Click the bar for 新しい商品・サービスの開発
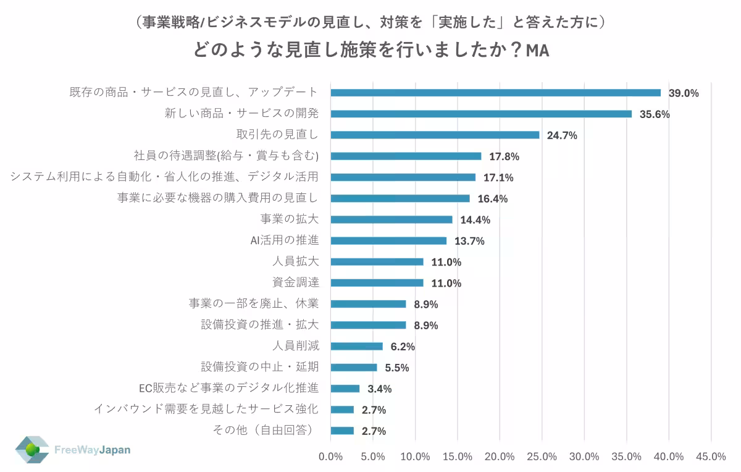coord(481,114)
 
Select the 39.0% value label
coord(684,93)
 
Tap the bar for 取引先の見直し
coord(435,135)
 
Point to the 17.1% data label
coord(498,178)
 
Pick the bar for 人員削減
coord(356,346)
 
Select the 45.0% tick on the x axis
coord(711,457)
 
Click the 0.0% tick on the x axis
coord(330,457)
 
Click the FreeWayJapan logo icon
coord(32,450)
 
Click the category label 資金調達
coord(296,282)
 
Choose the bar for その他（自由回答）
coord(342,431)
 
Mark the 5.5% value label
coord(397,368)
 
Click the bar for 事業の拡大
coord(391,219)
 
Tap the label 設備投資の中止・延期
coord(260,367)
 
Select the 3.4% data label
coord(380,389)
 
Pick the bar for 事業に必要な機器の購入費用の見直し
coord(400,198)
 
